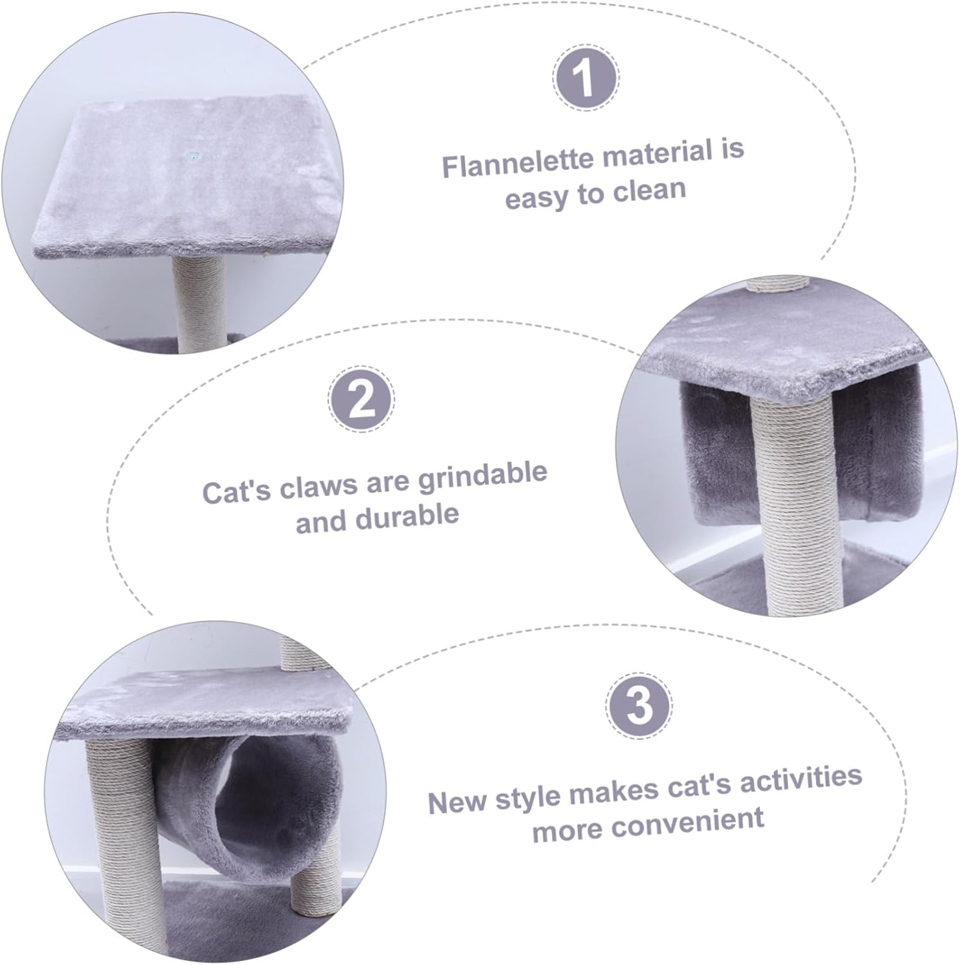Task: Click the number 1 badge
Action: [585, 78]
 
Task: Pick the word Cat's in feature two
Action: [237, 492]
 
